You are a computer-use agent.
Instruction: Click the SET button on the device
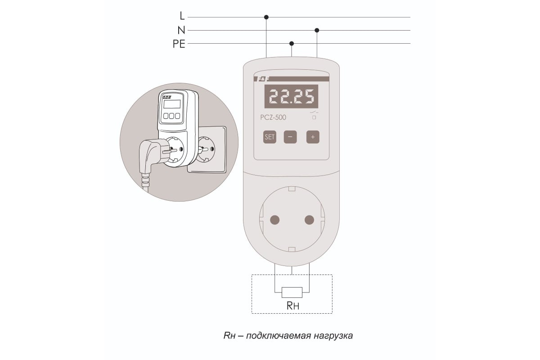(270, 137)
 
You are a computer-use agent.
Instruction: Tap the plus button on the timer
(313, 137)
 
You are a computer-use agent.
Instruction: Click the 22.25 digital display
(291, 96)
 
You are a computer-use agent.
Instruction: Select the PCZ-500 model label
(273, 117)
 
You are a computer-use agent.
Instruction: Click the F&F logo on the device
(261, 79)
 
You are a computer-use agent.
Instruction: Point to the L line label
(182, 16)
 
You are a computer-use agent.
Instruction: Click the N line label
(181, 31)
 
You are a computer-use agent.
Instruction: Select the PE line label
(179, 44)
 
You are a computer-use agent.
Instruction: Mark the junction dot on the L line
(266, 17)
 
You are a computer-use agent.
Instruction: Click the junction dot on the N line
(317, 30)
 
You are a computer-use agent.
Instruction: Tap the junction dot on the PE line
(292, 43)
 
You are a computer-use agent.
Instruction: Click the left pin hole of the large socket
(274, 220)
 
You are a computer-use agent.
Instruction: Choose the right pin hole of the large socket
(309, 220)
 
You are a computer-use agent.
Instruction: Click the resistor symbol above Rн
(292, 292)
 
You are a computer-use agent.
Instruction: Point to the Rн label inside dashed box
(292, 306)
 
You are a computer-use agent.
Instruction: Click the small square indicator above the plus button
(314, 117)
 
